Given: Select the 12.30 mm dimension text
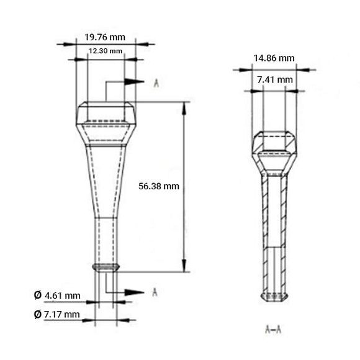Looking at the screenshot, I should [104, 51].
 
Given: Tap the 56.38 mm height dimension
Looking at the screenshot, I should [159, 186].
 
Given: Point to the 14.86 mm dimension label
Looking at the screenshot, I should [274, 58].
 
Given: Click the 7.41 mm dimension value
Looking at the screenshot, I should [274, 79].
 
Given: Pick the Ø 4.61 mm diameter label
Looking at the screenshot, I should [58, 295].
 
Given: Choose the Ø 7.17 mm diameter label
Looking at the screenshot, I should [58, 315].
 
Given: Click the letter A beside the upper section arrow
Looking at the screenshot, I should [155, 81].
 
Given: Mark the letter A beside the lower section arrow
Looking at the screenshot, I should [155, 292].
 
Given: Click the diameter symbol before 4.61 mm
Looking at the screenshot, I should [38, 295].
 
